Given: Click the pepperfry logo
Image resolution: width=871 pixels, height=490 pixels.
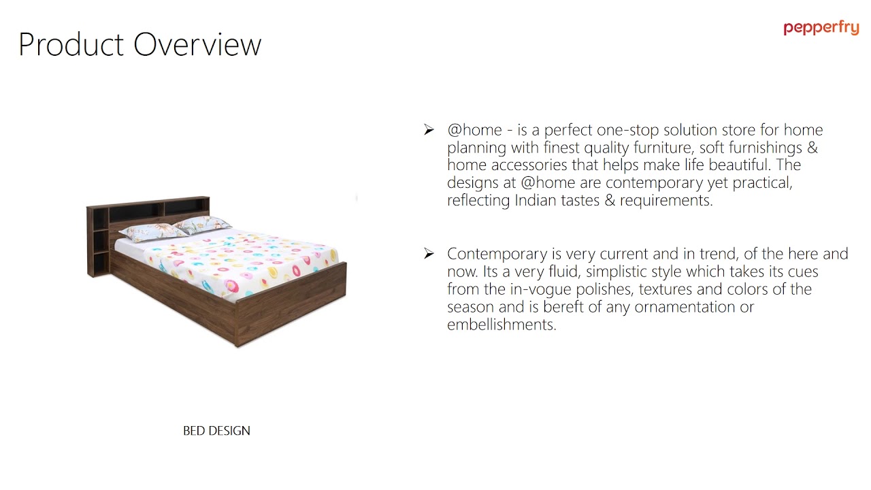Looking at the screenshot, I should (x=821, y=28).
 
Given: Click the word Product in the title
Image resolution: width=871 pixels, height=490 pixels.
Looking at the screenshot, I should (x=71, y=45).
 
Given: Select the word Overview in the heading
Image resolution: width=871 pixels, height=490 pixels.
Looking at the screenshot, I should (x=197, y=45).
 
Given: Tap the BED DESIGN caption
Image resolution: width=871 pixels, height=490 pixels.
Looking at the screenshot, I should (x=216, y=431).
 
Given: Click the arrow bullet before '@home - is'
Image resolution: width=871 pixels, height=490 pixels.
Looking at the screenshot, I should (x=429, y=130).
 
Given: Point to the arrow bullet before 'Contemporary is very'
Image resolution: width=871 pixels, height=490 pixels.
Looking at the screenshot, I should (x=429, y=254).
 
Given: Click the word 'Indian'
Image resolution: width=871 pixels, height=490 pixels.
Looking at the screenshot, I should (x=536, y=201).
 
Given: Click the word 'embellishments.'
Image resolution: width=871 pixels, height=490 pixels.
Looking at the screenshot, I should (x=502, y=325).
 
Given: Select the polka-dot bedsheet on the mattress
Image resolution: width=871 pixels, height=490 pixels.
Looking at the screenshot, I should (x=252, y=262).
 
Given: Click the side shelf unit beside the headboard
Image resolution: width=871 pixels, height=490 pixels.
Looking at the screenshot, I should (x=99, y=242).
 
